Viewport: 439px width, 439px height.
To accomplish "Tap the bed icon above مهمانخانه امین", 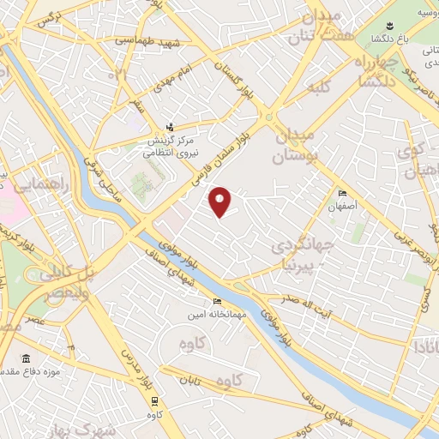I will [x=217, y=302].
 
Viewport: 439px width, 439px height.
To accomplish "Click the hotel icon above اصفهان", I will [x=342, y=194].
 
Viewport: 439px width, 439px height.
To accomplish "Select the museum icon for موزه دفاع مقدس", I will [x=26, y=358].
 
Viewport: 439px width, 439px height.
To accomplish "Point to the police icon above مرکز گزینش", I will [x=169, y=127].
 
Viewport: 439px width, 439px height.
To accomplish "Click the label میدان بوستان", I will [x=293, y=146].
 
